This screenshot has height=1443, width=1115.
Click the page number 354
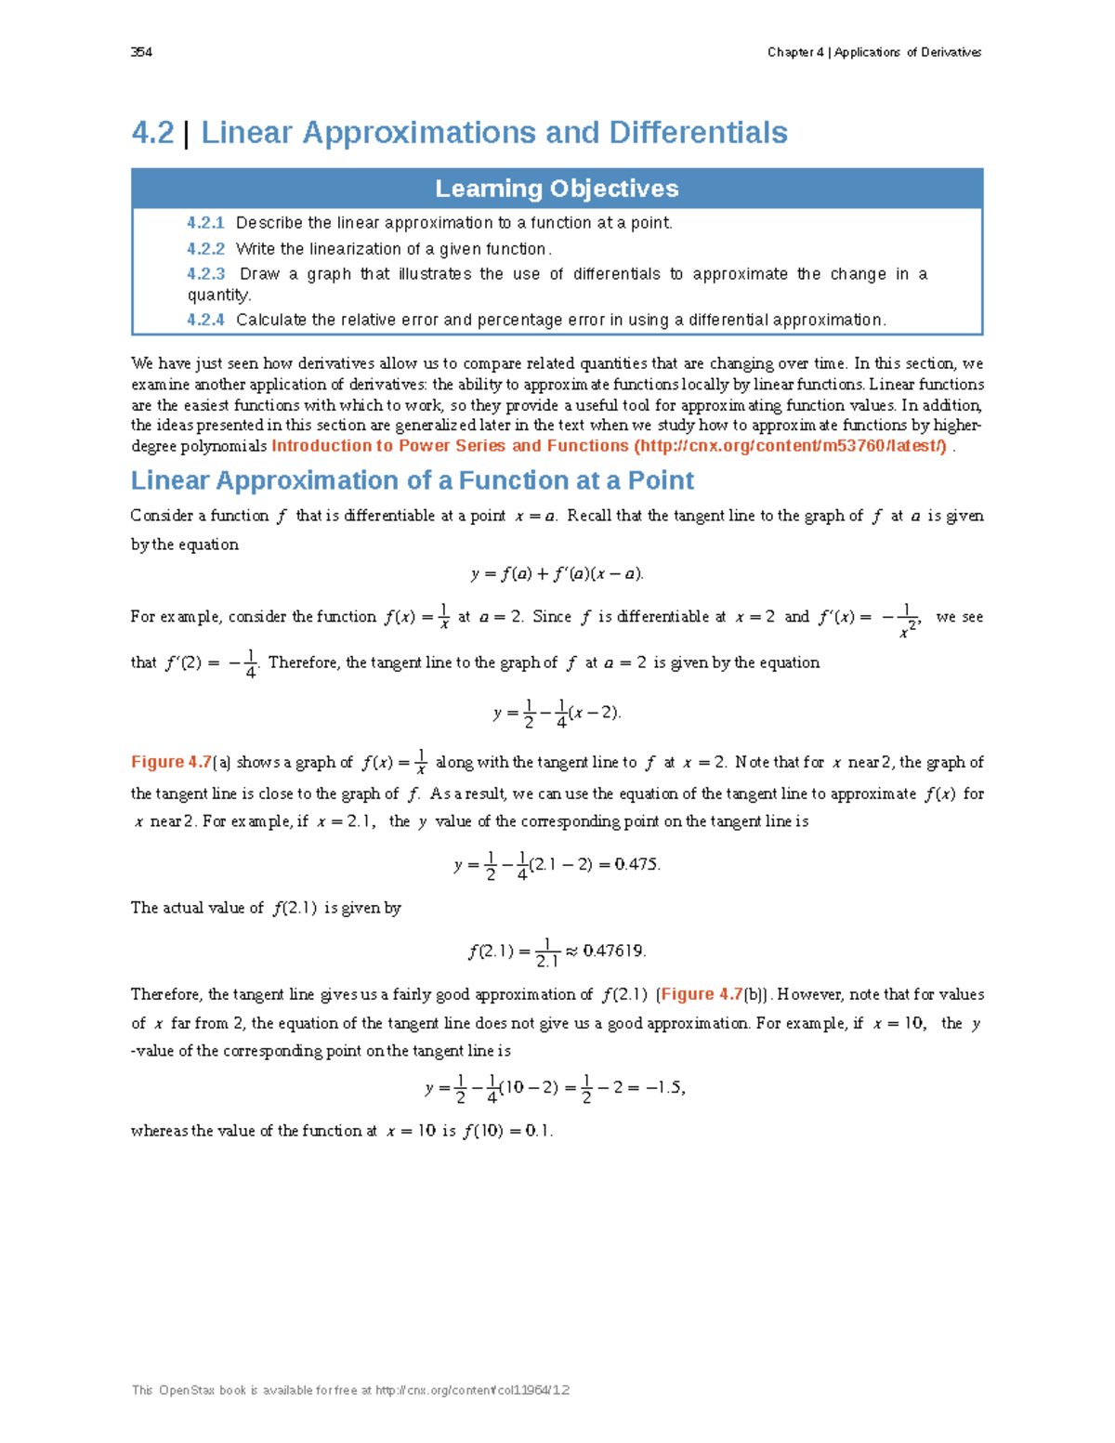[141, 52]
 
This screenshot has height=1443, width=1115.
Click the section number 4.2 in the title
[152, 133]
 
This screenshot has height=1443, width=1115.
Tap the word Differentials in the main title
[698, 133]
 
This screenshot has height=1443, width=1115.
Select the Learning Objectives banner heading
[557, 189]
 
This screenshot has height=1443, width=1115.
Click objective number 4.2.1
[205, 223]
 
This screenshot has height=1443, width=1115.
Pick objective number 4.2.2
[205, 249]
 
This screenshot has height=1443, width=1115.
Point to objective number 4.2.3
[205, 274]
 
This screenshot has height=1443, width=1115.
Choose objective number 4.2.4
[205, 320]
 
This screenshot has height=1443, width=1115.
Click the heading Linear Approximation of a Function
[412, 480]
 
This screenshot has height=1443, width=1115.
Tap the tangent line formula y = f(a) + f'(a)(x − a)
[557, 574]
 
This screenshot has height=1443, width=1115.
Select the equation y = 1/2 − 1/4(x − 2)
[557, 714]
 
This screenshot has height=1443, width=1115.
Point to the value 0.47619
[613, 951]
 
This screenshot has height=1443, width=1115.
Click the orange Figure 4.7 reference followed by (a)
[171, 763]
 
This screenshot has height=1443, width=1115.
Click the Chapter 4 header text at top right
[873, 52]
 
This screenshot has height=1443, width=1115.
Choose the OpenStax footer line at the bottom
[350, 1391]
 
